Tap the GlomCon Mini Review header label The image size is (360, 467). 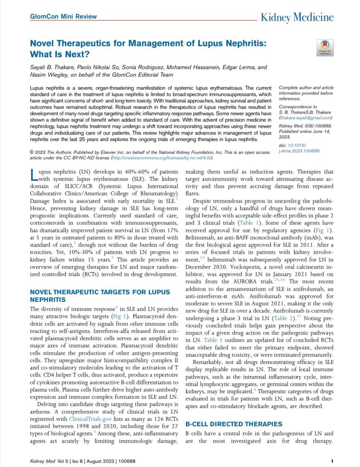click(x=63, y=17)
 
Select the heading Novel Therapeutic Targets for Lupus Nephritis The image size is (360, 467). click(x=89, y=295)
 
